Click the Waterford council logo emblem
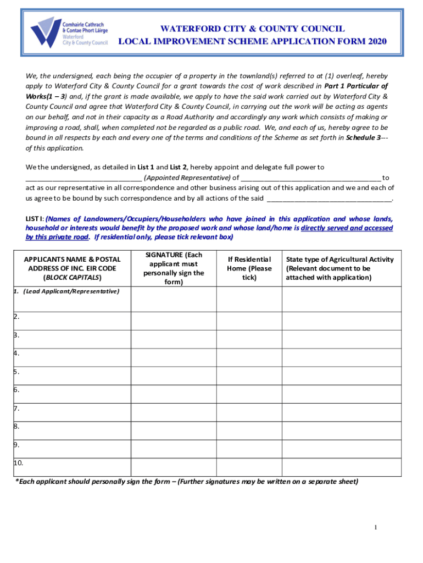pos(45,32)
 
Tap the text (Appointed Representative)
pos(187,178)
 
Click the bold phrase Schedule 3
pos(363,138)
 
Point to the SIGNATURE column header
pos(174,268)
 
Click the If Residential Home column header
pos(249,268)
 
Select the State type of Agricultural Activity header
pos(339,268)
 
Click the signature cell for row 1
pos(174,299)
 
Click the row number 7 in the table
pos(17,409)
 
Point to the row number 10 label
pos(19,463)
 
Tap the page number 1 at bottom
pos(375,528)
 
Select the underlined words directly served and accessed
pos(347,228)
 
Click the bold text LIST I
pos(34,218)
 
